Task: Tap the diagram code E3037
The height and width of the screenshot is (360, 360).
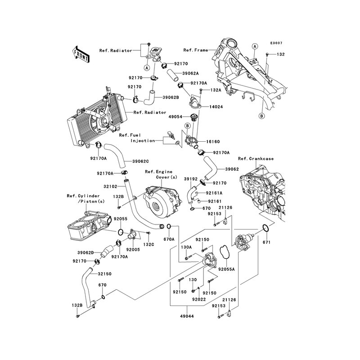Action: (276, 43)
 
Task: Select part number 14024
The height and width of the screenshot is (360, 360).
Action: (216, 107)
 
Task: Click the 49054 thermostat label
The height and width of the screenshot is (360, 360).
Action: (175, 117)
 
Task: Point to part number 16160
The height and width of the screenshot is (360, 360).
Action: (213, 142)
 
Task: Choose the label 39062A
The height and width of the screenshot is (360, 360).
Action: (190, 73)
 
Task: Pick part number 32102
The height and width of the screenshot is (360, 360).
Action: (110, 187)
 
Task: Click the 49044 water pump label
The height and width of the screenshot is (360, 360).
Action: (187, 316)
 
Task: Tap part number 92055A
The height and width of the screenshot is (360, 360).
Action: (226, 269)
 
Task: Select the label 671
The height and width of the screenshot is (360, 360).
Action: (266, 242)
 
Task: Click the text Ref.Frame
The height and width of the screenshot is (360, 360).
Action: (196, 50)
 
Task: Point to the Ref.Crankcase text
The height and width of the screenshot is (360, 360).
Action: (256, 159)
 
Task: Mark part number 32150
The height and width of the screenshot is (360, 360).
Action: (104, 274)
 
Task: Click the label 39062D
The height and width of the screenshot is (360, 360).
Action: (85, 253)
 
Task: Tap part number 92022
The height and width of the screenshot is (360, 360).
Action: (199, 299)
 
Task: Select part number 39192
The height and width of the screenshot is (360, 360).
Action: (191, 179)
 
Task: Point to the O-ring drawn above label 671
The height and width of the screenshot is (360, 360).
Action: (265, 228)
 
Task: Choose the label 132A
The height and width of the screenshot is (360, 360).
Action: (216, 90)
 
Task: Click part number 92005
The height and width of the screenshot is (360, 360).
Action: (133, 250)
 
